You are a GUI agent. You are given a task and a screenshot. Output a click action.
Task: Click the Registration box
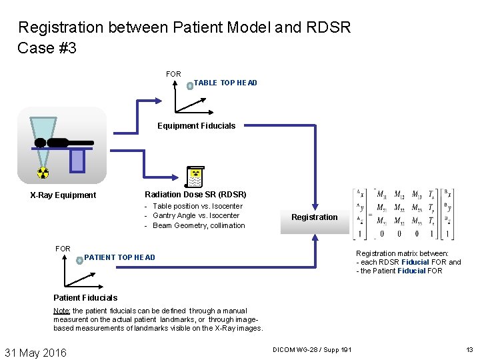[x=315, y=218]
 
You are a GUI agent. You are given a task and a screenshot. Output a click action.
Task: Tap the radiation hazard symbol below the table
[x=43, y=173]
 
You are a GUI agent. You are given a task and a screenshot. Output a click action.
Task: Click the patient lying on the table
[x=63, y=142]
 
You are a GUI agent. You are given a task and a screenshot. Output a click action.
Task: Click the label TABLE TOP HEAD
[x=225, y=83]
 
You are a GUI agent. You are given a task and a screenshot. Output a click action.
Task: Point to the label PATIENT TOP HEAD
[x=119, y=257]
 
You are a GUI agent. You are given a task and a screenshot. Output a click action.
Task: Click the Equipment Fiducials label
[x=196, y=125]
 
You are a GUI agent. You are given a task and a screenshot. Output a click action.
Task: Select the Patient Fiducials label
[x=85, y=297]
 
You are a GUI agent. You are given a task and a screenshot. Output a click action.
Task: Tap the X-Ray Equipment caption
[x=63, y=195]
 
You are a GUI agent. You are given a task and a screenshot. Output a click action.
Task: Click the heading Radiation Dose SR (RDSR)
[x=195, y=194]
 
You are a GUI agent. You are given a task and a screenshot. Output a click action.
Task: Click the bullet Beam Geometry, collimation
[x=199, y=225]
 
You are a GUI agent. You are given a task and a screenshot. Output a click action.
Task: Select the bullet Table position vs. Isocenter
[x=197, y=206]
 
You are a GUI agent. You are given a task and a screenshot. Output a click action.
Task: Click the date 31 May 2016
[x=36, y=352]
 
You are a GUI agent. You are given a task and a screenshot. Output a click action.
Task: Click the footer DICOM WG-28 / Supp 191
[x=312, y=350]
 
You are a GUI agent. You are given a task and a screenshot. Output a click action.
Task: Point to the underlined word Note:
[x=62, y=311]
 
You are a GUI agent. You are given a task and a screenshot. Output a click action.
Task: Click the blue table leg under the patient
[x=77, y=160]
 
